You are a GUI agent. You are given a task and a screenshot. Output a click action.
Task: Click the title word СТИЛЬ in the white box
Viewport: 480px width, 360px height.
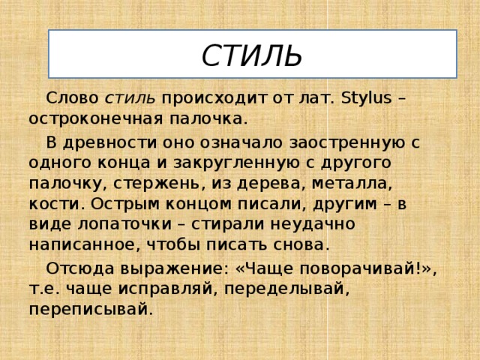(252, 55)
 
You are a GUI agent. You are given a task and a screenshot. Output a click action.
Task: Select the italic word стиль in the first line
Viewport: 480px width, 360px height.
(130, 98)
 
